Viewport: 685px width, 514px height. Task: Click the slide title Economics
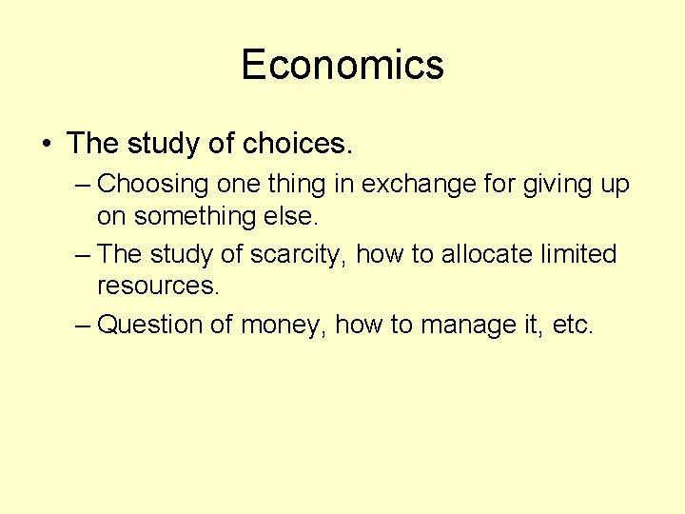coord(342,65)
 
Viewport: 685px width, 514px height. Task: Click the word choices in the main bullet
coord(298,144)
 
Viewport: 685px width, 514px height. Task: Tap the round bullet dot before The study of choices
coord(47,144)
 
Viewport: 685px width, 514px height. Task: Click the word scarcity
coord(290,255)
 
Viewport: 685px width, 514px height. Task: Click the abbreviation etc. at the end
coord(573,325)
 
